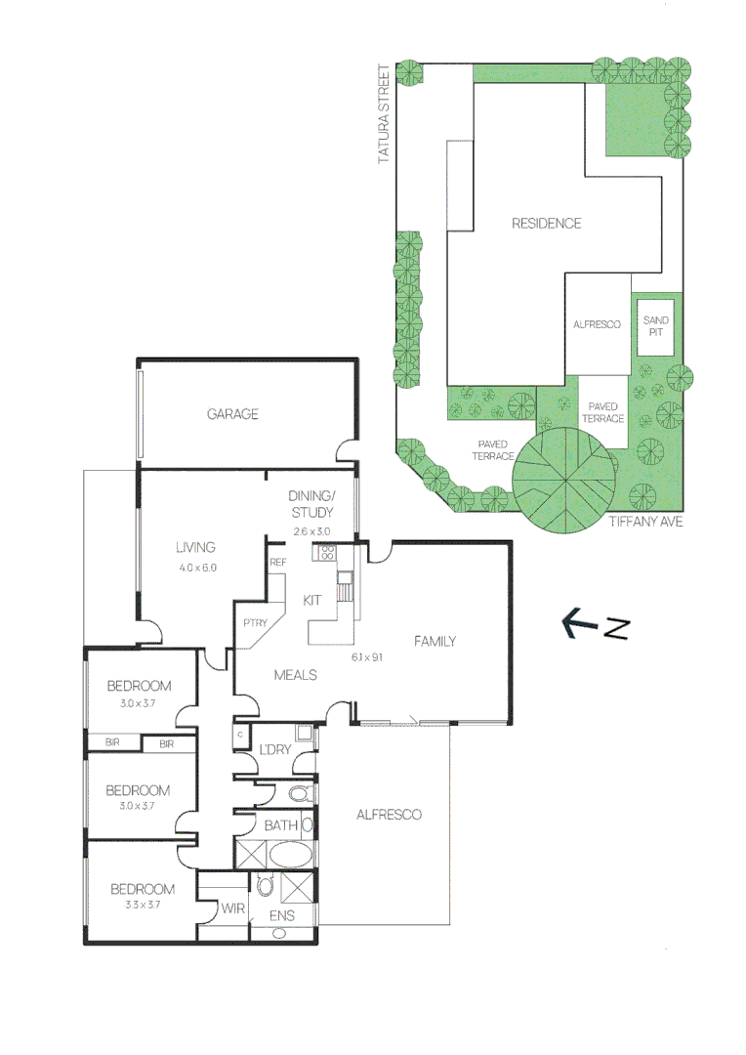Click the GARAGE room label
(x=232, y=414)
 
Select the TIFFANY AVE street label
(x=644, y=522)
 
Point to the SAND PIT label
(x=654, y=325)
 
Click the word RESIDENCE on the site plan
(x=546, y=224)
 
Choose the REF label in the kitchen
(x=277, y=562)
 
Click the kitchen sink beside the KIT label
(x=344, y=589)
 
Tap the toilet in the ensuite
(x=264, y=886)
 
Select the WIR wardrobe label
(x=232, y=908)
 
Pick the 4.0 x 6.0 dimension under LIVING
(x=196, y=568)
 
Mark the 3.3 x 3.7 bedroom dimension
(x=142, y=905)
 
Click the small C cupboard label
(x=240, y=733)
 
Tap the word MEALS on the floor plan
(x=295, y=675)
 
